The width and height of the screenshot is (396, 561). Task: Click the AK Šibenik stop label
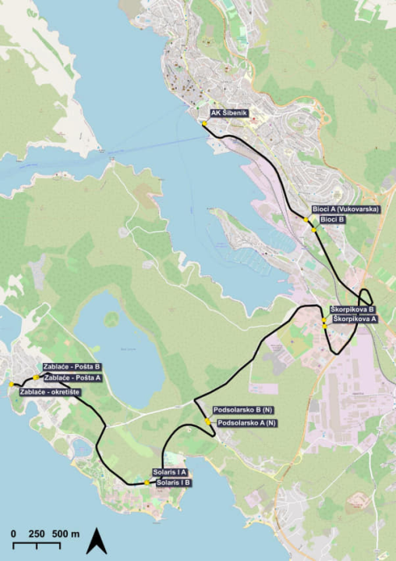[228, 114]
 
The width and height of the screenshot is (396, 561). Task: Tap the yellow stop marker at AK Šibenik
[204, 123]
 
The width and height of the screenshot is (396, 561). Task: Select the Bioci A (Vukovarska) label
[346, 210]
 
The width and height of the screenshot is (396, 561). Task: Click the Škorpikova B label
[352, 309]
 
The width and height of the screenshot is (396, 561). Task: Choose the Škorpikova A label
[355, 319]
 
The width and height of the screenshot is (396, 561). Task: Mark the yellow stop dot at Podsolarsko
[207, 421]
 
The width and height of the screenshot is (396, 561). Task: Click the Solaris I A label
[170, 473]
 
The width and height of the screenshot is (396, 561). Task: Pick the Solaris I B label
[174, 483]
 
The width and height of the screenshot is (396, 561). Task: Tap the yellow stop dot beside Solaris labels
[147, 483]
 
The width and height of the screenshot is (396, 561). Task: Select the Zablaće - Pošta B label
[72, 366]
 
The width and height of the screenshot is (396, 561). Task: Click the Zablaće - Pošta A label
[74, 377]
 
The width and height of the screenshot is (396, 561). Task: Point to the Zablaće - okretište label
[51, 392]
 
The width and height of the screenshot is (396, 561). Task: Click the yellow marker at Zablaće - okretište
[12, 385]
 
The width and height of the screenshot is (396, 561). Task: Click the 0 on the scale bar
[14, 534]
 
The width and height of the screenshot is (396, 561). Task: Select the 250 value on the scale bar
[37, 534]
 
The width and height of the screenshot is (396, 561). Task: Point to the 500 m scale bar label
[65, 534]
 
